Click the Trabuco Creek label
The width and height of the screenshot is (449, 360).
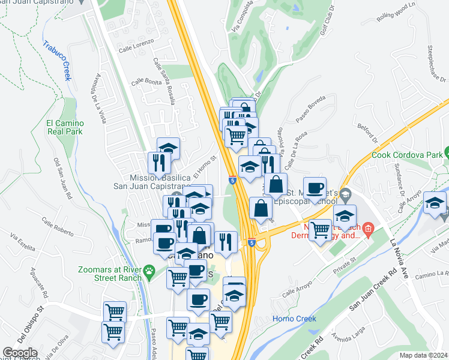(x=57, y=61)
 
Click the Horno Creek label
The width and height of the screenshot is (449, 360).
(x=291, y=318)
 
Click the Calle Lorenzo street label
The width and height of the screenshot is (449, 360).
(x=136, y=46)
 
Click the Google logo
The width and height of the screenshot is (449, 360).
(x=20, y=353)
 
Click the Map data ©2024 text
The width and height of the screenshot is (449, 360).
(x=423, y=355)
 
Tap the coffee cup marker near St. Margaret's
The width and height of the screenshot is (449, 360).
(x=315, y=188)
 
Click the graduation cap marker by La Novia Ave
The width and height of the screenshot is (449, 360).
(x=435, y=202)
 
